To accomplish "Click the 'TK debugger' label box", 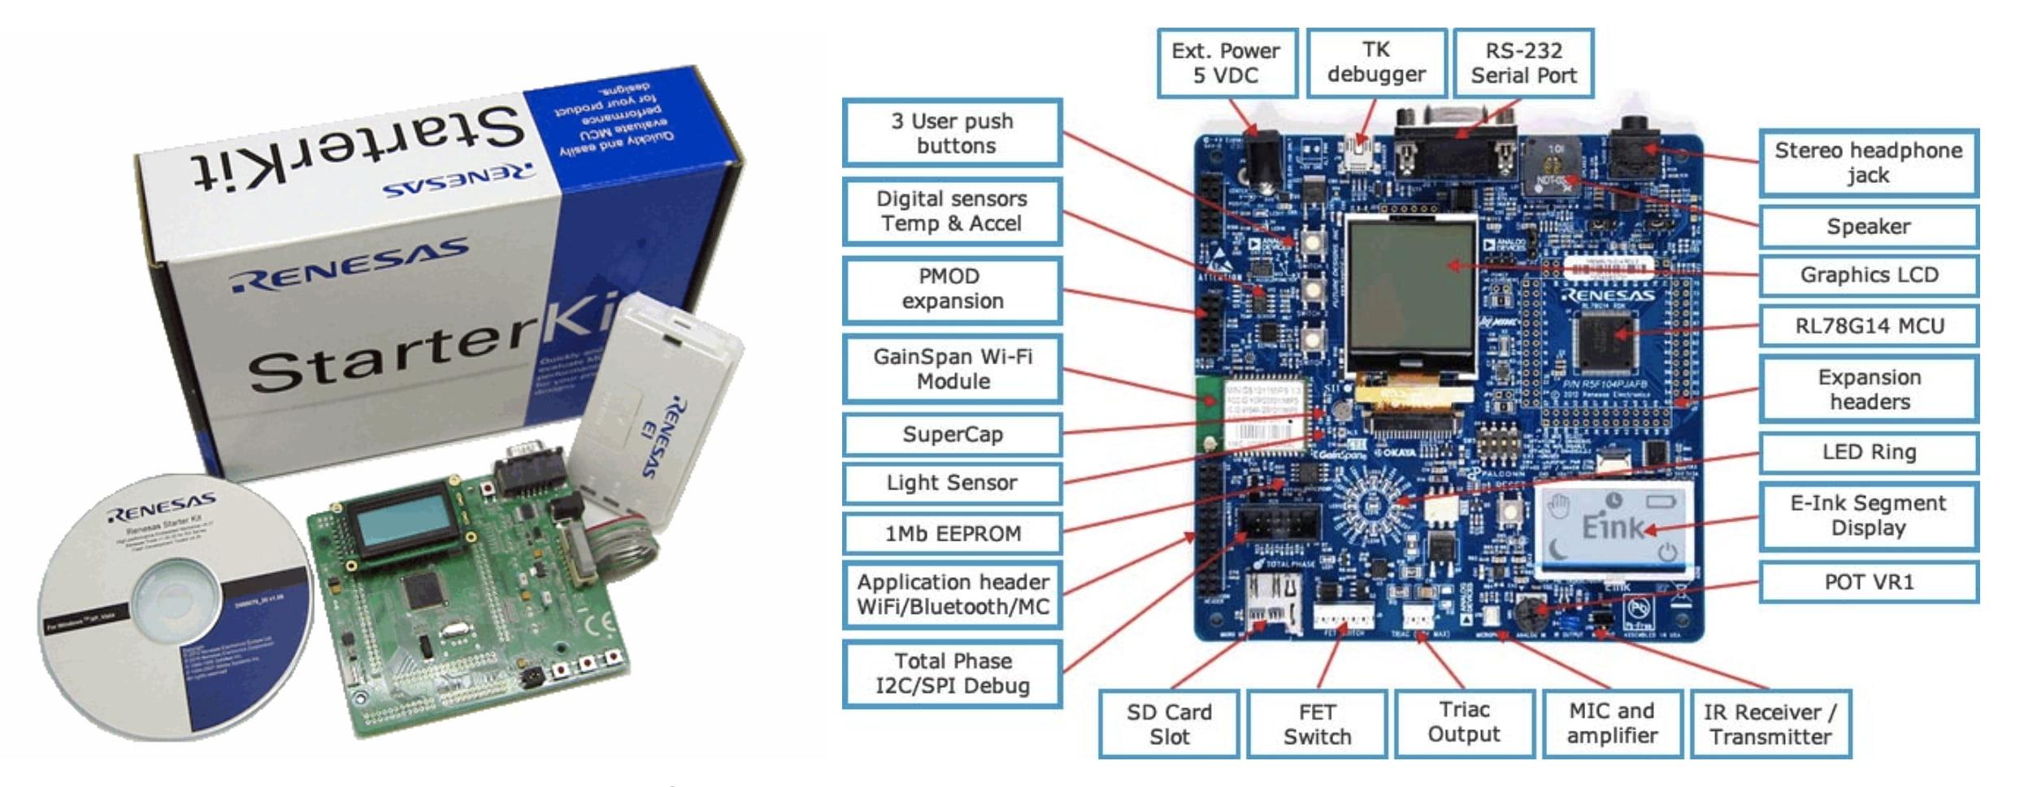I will click(x=1376, y=62).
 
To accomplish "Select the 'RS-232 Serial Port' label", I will click(x=1523, y=63).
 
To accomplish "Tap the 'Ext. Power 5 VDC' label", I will click(x=1226, y=63).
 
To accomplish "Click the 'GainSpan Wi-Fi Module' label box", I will click(x=953, y=369).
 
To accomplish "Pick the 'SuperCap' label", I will click(x=953, y=434).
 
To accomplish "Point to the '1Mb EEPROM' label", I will click(x=953, y=533).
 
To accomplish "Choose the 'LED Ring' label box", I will click(x=1869, y=452).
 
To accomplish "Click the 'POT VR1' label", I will click(x=1869, y=582).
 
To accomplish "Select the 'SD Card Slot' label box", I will click(x=1169, y=724).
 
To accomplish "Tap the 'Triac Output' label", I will click(x=1464, y=722).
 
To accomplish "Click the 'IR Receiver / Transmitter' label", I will click(x=1770, y=724).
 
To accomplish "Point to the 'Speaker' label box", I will click(x=1869, y=226).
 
